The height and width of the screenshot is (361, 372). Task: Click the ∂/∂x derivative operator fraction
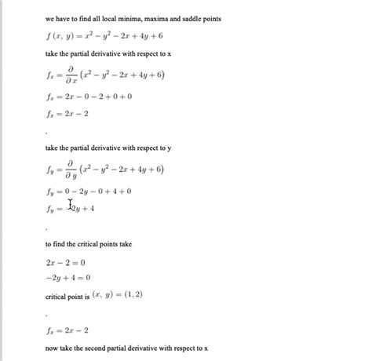(71, 77)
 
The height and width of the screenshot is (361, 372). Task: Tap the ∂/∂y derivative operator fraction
(71, 170)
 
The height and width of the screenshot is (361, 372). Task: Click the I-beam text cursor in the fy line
(71, 206)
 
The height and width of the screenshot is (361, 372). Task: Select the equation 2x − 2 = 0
(66, 263)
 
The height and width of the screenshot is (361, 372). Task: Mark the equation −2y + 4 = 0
(68, 278)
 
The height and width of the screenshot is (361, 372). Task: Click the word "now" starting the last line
(52, 347)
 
